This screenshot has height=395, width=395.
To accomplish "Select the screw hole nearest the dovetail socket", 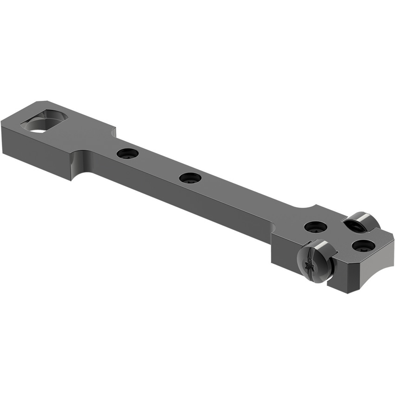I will [x=128, y=153].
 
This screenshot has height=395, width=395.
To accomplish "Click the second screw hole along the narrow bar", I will [x=190, y=178].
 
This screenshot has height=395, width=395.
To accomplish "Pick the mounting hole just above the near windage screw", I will [x=316, y=227].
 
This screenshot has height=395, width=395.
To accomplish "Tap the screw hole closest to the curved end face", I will [x=363, y=245].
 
